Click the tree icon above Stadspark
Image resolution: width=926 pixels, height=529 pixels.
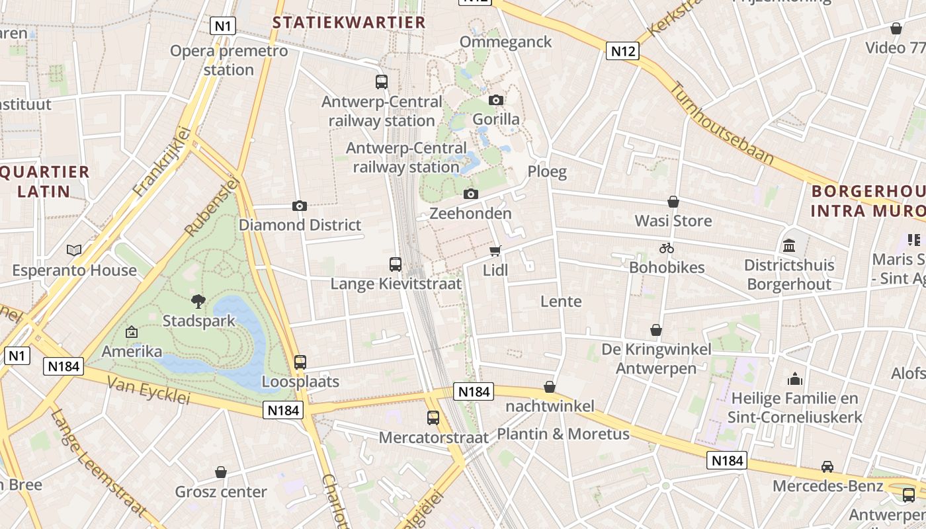coord(198,302)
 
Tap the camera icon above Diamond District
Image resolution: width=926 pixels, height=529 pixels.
coord(300,206)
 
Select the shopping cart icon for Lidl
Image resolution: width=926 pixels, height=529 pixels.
coord(495,251)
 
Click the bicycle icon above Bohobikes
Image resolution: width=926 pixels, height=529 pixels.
coord(667,248)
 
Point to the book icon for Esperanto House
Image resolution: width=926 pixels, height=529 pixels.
coord(74,250)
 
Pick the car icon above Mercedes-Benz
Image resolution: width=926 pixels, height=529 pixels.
coord(827,467)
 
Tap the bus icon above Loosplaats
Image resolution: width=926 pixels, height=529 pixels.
coord(300,362)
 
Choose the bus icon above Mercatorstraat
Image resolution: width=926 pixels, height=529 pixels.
coord(433,417)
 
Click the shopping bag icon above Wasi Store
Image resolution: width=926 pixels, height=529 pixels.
coord(673,201)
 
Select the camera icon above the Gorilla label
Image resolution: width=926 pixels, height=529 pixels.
coord(496,100)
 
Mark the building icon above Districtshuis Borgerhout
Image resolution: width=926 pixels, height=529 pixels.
coord(789,245)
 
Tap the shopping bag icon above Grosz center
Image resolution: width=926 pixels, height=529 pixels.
coord(221,472)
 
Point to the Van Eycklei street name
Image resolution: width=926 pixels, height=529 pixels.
coord(148,391)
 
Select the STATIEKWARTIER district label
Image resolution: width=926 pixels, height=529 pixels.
coord(349,22)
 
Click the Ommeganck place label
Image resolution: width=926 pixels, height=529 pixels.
coord(505,42)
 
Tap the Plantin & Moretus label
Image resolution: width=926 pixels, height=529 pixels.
coord(563,434)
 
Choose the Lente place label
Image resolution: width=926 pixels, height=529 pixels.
coord(562,302)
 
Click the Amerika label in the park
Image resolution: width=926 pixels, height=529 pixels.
coord(132,350)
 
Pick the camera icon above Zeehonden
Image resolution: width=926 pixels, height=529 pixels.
coord(471,194)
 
